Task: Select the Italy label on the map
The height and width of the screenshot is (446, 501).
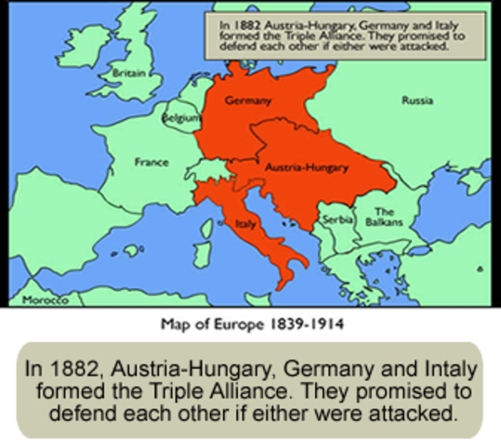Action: pyautogui.click(x=245, y=224)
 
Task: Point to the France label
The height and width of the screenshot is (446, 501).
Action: pyautogui.click(x=152, y=162)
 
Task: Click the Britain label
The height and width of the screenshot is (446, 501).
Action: pyautogui.click(x=127, y=72)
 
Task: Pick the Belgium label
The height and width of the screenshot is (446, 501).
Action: pyautogui.click(x=180, y=119)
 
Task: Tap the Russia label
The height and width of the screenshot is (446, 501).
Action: pyautogui.click(x=416, y=99)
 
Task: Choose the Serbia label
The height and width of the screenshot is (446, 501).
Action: pyautogui.click(x=336, y=219)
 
